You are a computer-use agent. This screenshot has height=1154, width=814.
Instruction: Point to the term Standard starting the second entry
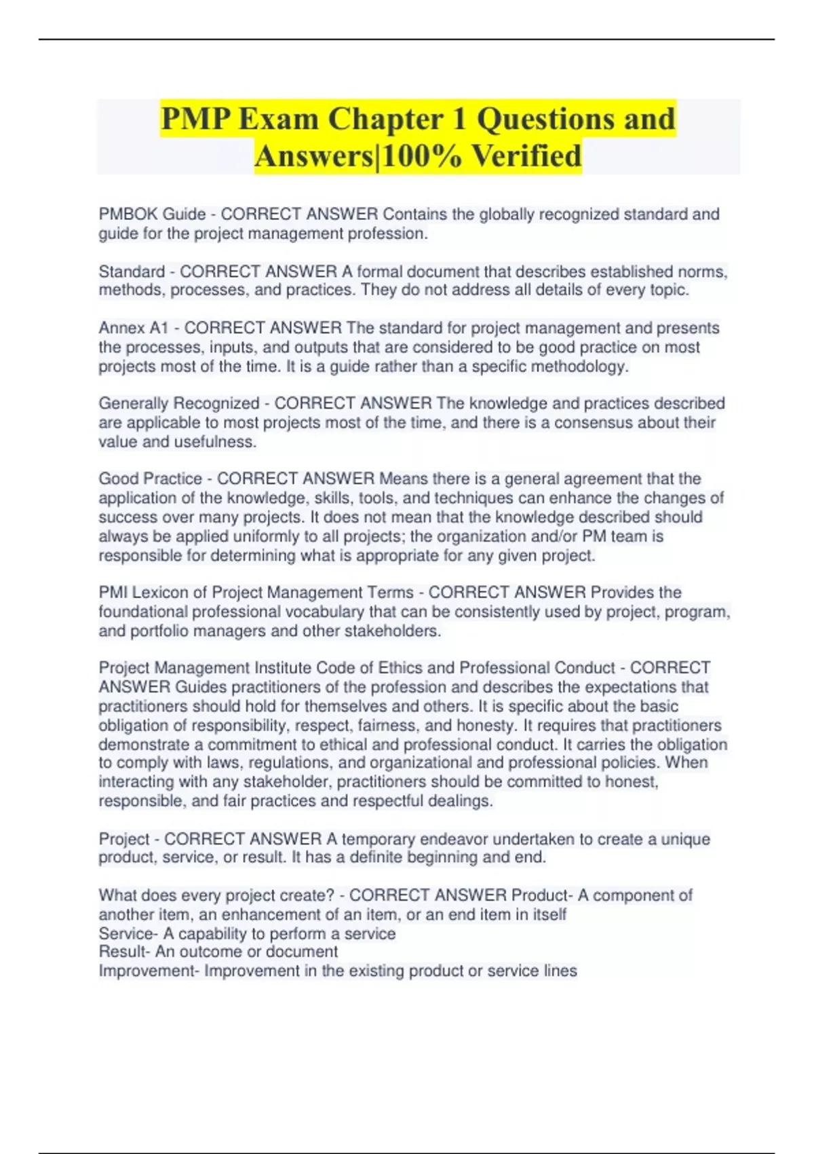pyautogui.click(x=132, y=272)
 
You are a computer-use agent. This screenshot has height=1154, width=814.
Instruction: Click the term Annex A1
pyautogui.click(x=133, y=328)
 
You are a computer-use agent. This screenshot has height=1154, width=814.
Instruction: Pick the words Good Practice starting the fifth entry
pyautogui.click(x=150, y=479)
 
